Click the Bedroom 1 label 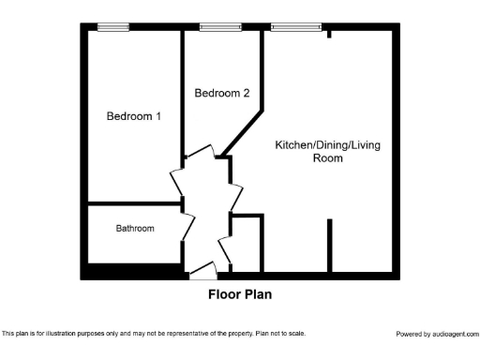tap(133, 116)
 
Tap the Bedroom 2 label tap(222, 93)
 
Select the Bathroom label tap(135, 228)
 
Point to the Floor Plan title tap(239, 293)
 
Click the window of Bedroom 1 tap(113, 27)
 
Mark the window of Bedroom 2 tap(219, 27)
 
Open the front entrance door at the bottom tap(203, 273)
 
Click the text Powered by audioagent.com tap(437, 334)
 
